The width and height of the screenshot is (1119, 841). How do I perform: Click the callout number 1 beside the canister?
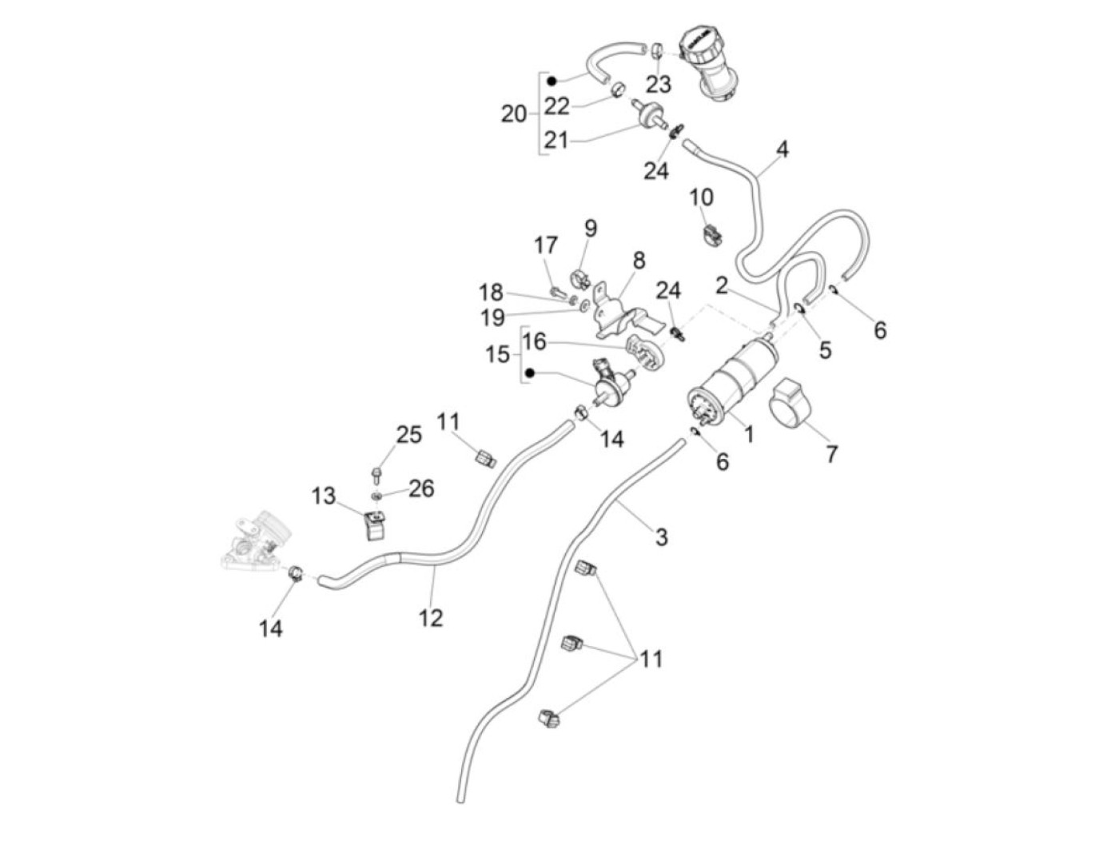(x=749, y=434)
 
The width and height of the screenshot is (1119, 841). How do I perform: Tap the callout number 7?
(x=831, y=454)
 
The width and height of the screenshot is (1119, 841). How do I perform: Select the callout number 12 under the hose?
(x=431, y=617)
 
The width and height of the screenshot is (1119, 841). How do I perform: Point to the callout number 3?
(x=661, y=536)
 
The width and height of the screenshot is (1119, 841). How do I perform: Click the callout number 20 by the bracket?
(x=514, y=114)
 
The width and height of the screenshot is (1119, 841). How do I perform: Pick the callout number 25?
(x=408, y=435)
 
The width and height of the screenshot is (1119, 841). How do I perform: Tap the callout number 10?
(x=701, y=197)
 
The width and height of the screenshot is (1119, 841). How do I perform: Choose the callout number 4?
(x=782, y=149)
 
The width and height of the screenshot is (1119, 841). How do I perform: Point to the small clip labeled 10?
(x=709, y=234)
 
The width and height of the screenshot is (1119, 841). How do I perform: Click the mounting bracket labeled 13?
(x=374, y=523)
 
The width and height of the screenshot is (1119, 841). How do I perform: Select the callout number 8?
(x=639, y=261)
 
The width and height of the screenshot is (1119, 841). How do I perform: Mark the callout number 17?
(x=546, y=245)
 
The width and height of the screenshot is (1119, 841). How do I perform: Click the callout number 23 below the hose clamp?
(x=659, y=84)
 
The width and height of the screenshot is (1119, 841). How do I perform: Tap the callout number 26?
(x=421, y=488)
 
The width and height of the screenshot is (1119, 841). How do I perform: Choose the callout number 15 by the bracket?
(x=497, y=353)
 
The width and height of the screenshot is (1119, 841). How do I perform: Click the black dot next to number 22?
(x=552, y=79)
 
